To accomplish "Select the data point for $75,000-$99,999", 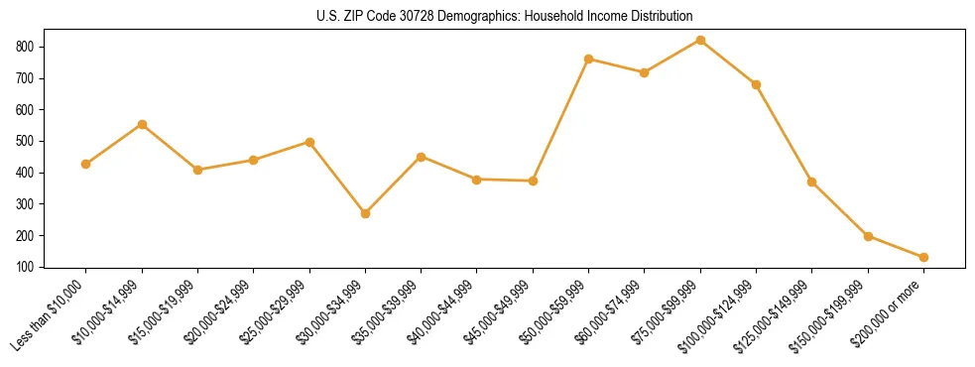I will [700, 41].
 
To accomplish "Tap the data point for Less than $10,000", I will [86, 164].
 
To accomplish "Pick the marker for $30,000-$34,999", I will [365, 213].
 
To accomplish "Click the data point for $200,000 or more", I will [923, 257].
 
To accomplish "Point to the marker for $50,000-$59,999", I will [589, 60].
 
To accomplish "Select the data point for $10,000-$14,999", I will [142, 124].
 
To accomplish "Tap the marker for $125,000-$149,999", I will [812, 182].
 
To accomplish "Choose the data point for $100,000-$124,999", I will [756, 84].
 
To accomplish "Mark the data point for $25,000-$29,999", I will [309, 142].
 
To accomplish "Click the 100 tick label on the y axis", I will [33, 267].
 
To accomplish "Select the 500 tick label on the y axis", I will [33, 141].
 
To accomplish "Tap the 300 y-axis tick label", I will [33, 204].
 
